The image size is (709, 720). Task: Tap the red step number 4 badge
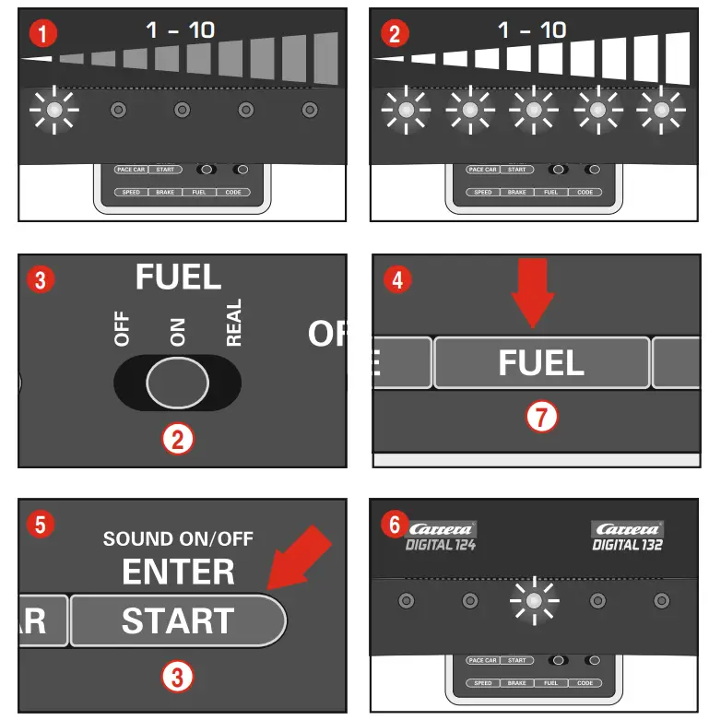click(x=397, y=279)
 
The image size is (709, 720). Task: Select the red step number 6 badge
click(x=396, y=525)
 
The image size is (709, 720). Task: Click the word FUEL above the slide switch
click(x=178, y=277)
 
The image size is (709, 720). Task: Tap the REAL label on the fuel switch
click(x=233, y=323)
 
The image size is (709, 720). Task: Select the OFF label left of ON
click(x=122, y=329)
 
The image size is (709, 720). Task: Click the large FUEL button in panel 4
click(x=541, y=362)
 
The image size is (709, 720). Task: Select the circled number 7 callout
click(x=541, y=418)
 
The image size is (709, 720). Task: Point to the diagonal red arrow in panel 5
click(x=299, y=557)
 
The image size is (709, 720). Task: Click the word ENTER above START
click(x=178, y=572)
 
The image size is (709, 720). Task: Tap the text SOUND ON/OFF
click(x=178, y=538)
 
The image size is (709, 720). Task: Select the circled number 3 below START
click(x=177, y=679)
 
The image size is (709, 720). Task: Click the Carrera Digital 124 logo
click(x=440, y=536)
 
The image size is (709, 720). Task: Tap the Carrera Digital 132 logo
click(x=628, y=536)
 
